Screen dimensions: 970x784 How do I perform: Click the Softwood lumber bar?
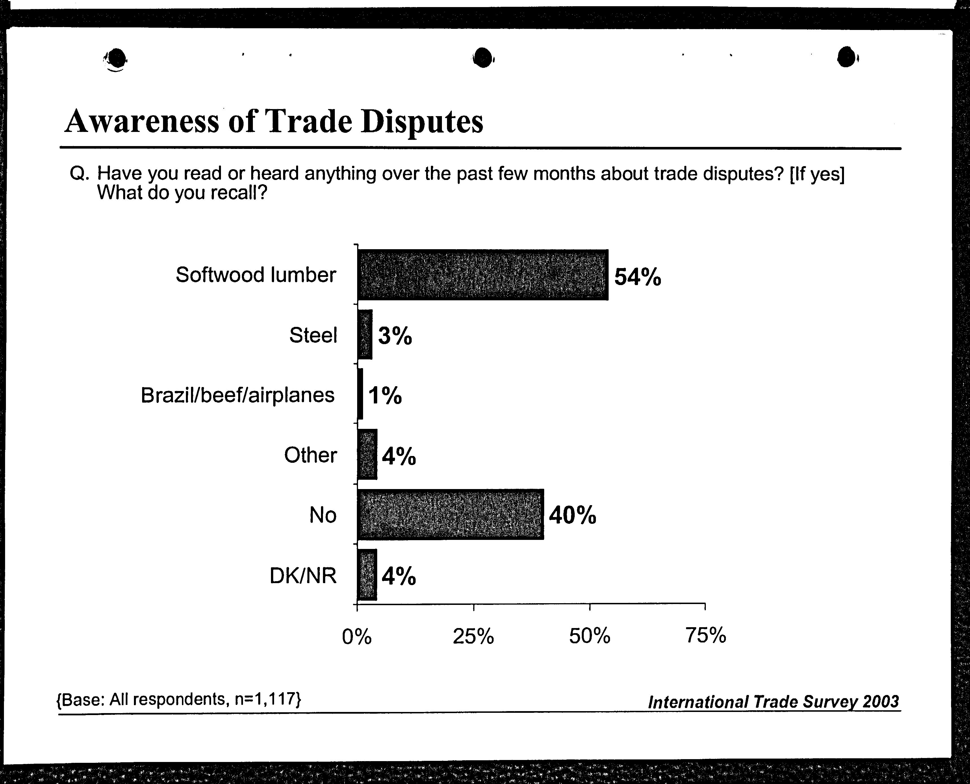tap(483, 275)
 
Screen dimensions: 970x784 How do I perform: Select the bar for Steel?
tap(365, 335)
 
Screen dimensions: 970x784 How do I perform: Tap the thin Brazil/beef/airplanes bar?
tap(360, 394)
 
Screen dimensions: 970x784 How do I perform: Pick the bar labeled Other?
tap(367, 454)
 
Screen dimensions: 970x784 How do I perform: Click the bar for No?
tap(450, 514)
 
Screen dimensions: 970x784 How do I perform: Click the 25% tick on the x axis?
tap(473, 636)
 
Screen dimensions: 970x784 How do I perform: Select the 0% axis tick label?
tap(357, 636)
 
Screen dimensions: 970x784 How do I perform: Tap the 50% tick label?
tap(590, 636)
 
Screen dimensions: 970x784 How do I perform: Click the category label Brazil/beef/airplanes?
tap(238, 395)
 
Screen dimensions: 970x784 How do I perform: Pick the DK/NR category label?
tap(303, 576)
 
